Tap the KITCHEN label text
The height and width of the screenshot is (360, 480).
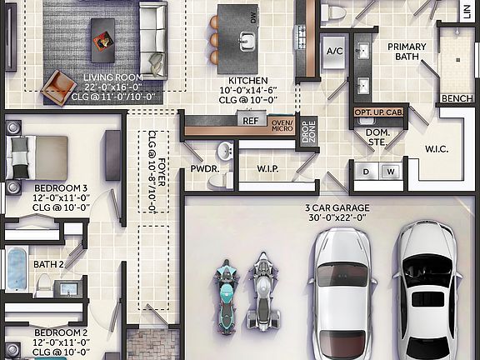click(242, 80)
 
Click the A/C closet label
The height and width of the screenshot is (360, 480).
click(335, 51)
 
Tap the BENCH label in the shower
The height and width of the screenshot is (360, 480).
click(457, 98)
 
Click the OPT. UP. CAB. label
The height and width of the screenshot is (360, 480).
click(380, 112)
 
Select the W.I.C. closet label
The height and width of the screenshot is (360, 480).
click(437, 150)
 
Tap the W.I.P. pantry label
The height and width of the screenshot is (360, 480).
click(267, 168)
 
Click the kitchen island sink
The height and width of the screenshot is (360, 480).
click(246, 39)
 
